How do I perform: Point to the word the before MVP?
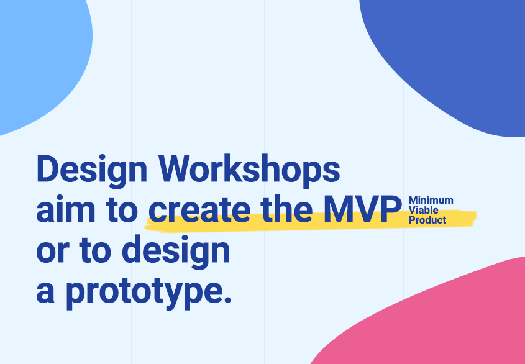tap(286, 211)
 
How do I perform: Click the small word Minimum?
tap(431, 201)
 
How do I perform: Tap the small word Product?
tap(427, 220)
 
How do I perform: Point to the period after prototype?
tap(226, 300)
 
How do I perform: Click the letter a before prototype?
tap(46, 292)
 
